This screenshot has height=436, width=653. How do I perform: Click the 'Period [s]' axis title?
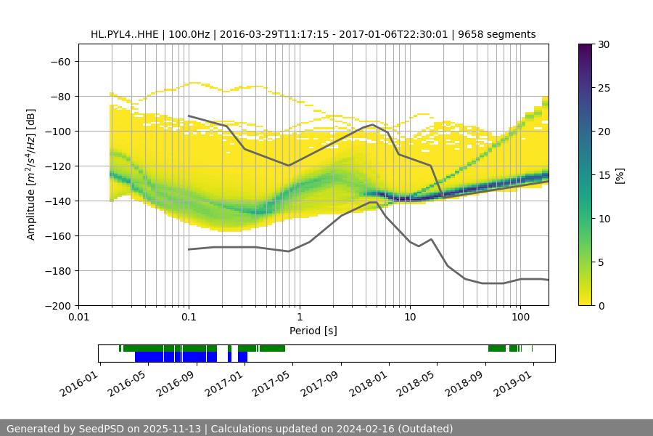313,331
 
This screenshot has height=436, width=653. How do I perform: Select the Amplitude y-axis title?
31,174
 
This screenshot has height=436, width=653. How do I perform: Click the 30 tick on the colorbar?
604,44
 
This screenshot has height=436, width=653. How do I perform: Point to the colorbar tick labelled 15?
604,175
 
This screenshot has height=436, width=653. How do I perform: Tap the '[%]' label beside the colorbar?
620,175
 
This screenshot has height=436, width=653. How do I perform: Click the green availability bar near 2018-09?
497,349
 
